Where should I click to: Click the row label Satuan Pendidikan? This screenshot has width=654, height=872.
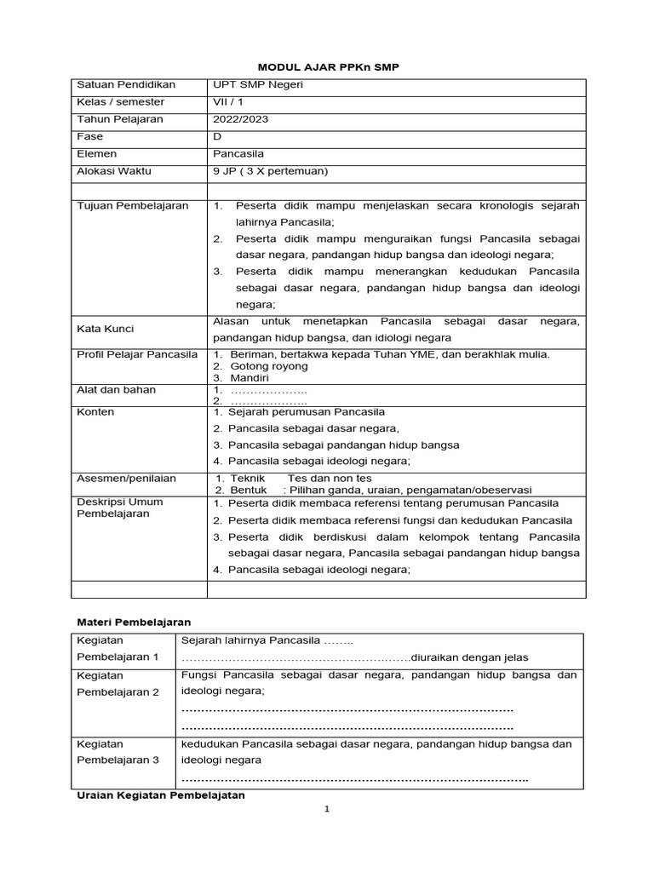coord(126,85)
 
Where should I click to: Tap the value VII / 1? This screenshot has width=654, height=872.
coord(227,102)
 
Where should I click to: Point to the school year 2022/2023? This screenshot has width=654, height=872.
coord(240,119)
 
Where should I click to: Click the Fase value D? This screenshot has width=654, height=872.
coord(216,136)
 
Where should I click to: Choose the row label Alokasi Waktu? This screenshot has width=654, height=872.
coord(114,170)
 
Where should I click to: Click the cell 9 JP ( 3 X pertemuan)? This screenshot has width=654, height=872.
coord(270,170)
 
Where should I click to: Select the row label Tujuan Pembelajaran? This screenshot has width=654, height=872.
coord(133,206)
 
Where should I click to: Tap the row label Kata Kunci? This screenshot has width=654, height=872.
coord(106,329)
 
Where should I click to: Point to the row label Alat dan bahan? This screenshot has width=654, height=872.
coord(116,390)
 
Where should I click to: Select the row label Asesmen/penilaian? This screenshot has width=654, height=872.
coord(126,479)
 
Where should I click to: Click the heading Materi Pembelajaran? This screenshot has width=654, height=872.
coord(134,622)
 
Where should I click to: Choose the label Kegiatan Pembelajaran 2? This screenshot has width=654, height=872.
coord(118,683)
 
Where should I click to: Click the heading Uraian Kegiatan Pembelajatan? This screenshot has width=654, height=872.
coord(160,795)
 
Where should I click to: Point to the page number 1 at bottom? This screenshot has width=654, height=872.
coord(326,810)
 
